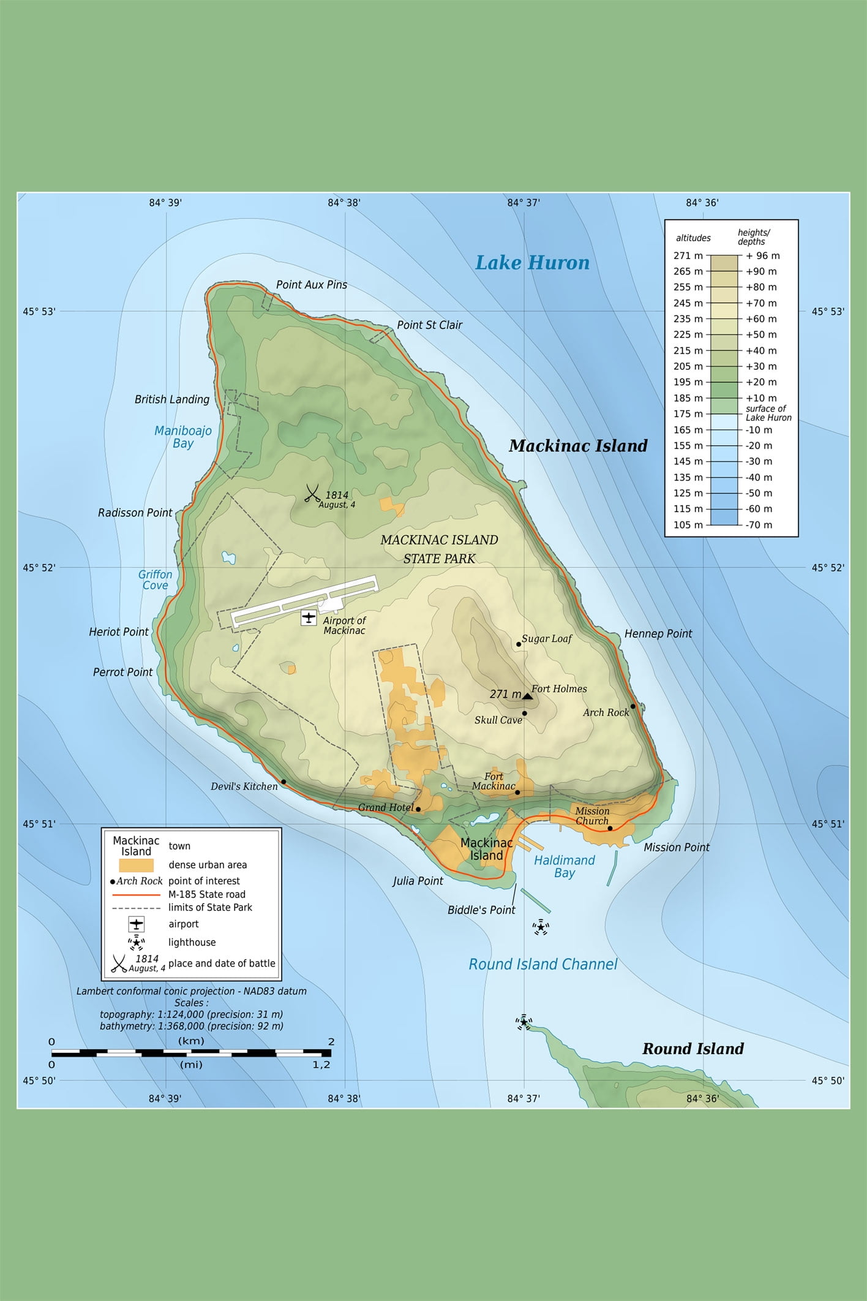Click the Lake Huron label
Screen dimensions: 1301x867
click(532, 263)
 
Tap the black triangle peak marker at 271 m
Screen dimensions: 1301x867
click(527, 696)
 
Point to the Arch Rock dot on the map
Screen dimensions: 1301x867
click(633, 706)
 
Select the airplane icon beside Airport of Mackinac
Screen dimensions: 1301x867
click(309, 617)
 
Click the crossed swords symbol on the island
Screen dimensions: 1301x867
click(313, 494)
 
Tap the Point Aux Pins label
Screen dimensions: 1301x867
click(311, 285)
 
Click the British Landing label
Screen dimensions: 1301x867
click(171, 399)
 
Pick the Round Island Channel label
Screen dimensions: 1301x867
click(542, 964)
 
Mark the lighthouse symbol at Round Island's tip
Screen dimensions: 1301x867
click(524, 1022)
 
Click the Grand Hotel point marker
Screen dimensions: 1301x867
click(418, 809)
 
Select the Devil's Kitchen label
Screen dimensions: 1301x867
click(244, 786)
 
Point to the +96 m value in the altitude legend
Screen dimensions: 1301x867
click(762, 256)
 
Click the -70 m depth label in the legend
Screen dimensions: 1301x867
click(759, 525)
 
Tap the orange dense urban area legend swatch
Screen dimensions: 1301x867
click(136, 865)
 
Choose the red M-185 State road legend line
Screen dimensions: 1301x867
click(136, 894)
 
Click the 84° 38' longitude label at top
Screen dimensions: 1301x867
click(344, 203)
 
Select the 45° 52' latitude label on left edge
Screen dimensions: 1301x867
click(39, 568)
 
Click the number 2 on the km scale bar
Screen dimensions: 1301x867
click(331, 1042)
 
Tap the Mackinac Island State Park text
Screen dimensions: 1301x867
click(439, 549)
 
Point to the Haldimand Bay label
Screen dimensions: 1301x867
click(564, 867)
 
